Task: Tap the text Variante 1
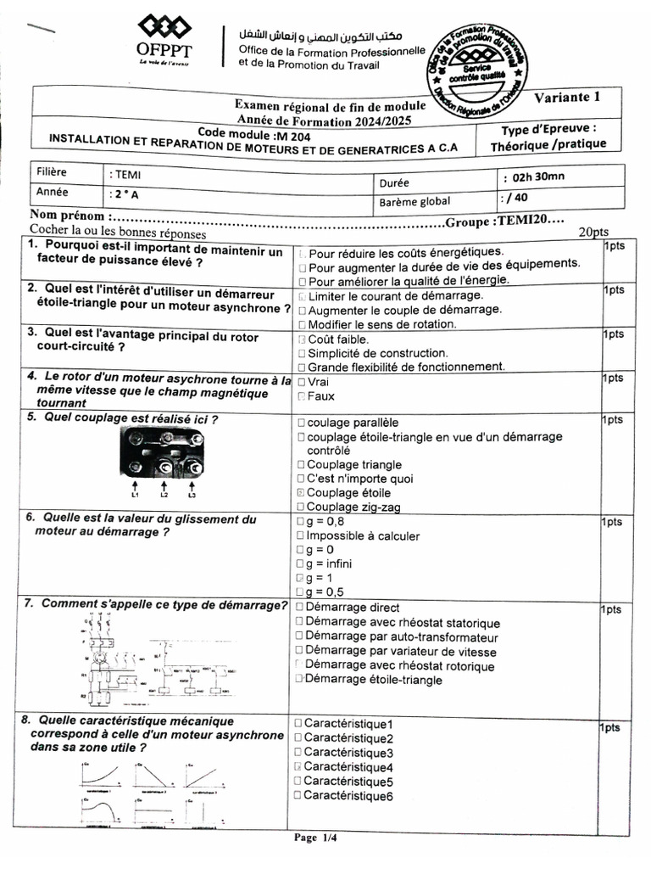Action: coord(566,97)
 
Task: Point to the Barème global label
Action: coord(415,202)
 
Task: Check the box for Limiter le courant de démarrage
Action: coord(302,296)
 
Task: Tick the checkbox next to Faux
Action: coord(302,396)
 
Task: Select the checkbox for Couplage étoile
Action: coord(302,492)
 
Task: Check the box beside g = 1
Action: coord(300,578)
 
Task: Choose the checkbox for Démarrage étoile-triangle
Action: coord(299,680)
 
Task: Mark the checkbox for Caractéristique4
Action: coord(298,767)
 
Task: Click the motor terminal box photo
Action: coord(163,453)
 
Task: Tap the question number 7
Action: coord(28,604)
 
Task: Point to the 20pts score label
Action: coord(593,232)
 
